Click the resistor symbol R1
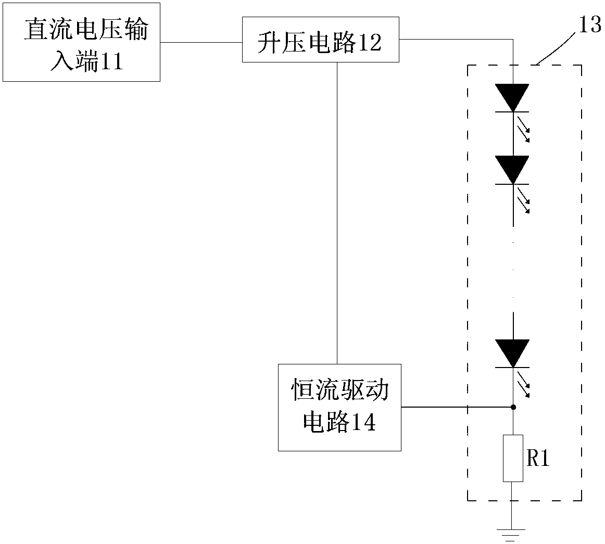click(513, 458)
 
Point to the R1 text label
click(538, 458)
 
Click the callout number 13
click(590, 25)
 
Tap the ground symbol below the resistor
click(511, 536)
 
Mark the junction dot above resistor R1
click(513, 407)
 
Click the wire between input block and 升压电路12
click(201, 43)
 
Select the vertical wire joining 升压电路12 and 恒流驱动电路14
click(337, 213)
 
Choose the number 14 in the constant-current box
click(364, 422)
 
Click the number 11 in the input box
click(111, 61)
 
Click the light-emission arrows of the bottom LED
click(523, 384)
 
